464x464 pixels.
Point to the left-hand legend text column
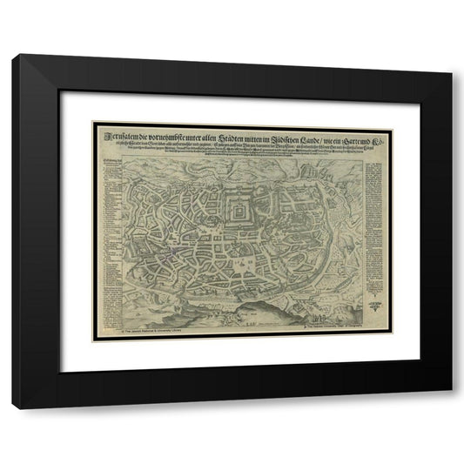tap(111, 235)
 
